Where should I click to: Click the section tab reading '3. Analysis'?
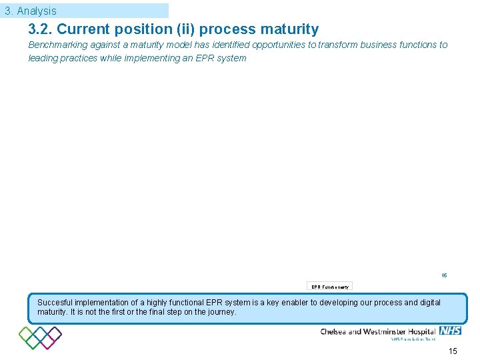point(31,11)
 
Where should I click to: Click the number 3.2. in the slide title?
point(40,29)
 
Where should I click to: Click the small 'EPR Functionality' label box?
point(330,287)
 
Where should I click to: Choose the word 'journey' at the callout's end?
point(221,312)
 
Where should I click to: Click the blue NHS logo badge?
point(450,331)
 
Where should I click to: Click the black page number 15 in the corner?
point(453,351)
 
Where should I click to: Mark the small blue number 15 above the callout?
point(444,275)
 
